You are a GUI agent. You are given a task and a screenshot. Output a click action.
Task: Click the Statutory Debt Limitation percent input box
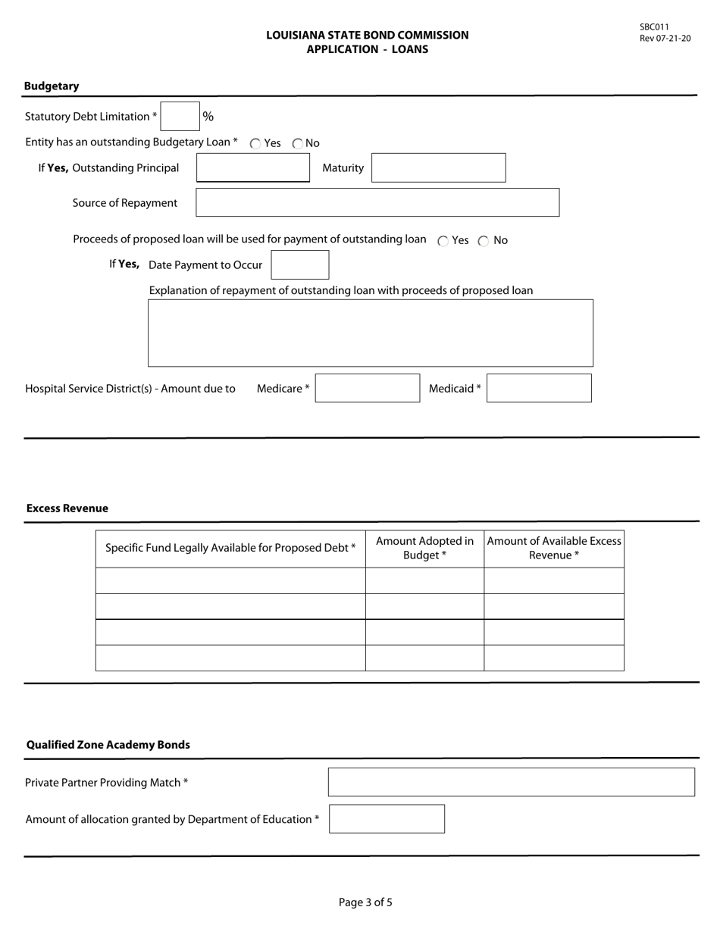[180, 117]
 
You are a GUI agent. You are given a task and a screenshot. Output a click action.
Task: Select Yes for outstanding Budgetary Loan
[255, 143]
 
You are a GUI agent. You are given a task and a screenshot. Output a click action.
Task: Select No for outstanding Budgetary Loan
[298, 143]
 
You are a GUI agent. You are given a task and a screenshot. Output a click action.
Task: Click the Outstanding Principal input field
[253, 167]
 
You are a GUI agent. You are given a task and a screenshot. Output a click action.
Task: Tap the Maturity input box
[438, 167]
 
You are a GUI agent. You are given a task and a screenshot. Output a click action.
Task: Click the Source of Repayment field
[377, 202]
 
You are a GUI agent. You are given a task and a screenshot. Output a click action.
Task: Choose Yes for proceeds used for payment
[443, 241]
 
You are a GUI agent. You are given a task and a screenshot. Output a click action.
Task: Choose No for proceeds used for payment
[484, 241]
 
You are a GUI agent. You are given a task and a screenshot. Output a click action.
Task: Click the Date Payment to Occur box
[300, 265]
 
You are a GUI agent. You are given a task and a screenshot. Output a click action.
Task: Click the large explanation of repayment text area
[370, 333]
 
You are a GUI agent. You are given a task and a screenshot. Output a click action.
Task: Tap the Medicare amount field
[368, 388]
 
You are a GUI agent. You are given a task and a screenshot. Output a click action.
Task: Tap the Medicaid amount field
[539, 388]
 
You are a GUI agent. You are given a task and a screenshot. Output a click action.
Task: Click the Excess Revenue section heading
[67, 508]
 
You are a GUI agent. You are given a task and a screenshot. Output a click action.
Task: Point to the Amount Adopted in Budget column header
[424, 548]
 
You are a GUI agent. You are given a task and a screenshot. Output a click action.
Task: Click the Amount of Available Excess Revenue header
[554, 548]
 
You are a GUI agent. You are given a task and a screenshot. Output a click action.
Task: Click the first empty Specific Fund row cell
[230, 580]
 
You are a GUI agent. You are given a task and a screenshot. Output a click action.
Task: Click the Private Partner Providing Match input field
[511, 782]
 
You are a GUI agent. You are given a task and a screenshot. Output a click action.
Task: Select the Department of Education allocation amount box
[387, 818]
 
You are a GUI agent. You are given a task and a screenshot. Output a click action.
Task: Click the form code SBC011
[654, 27]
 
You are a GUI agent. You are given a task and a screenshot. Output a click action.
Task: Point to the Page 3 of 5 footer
[365, 902]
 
